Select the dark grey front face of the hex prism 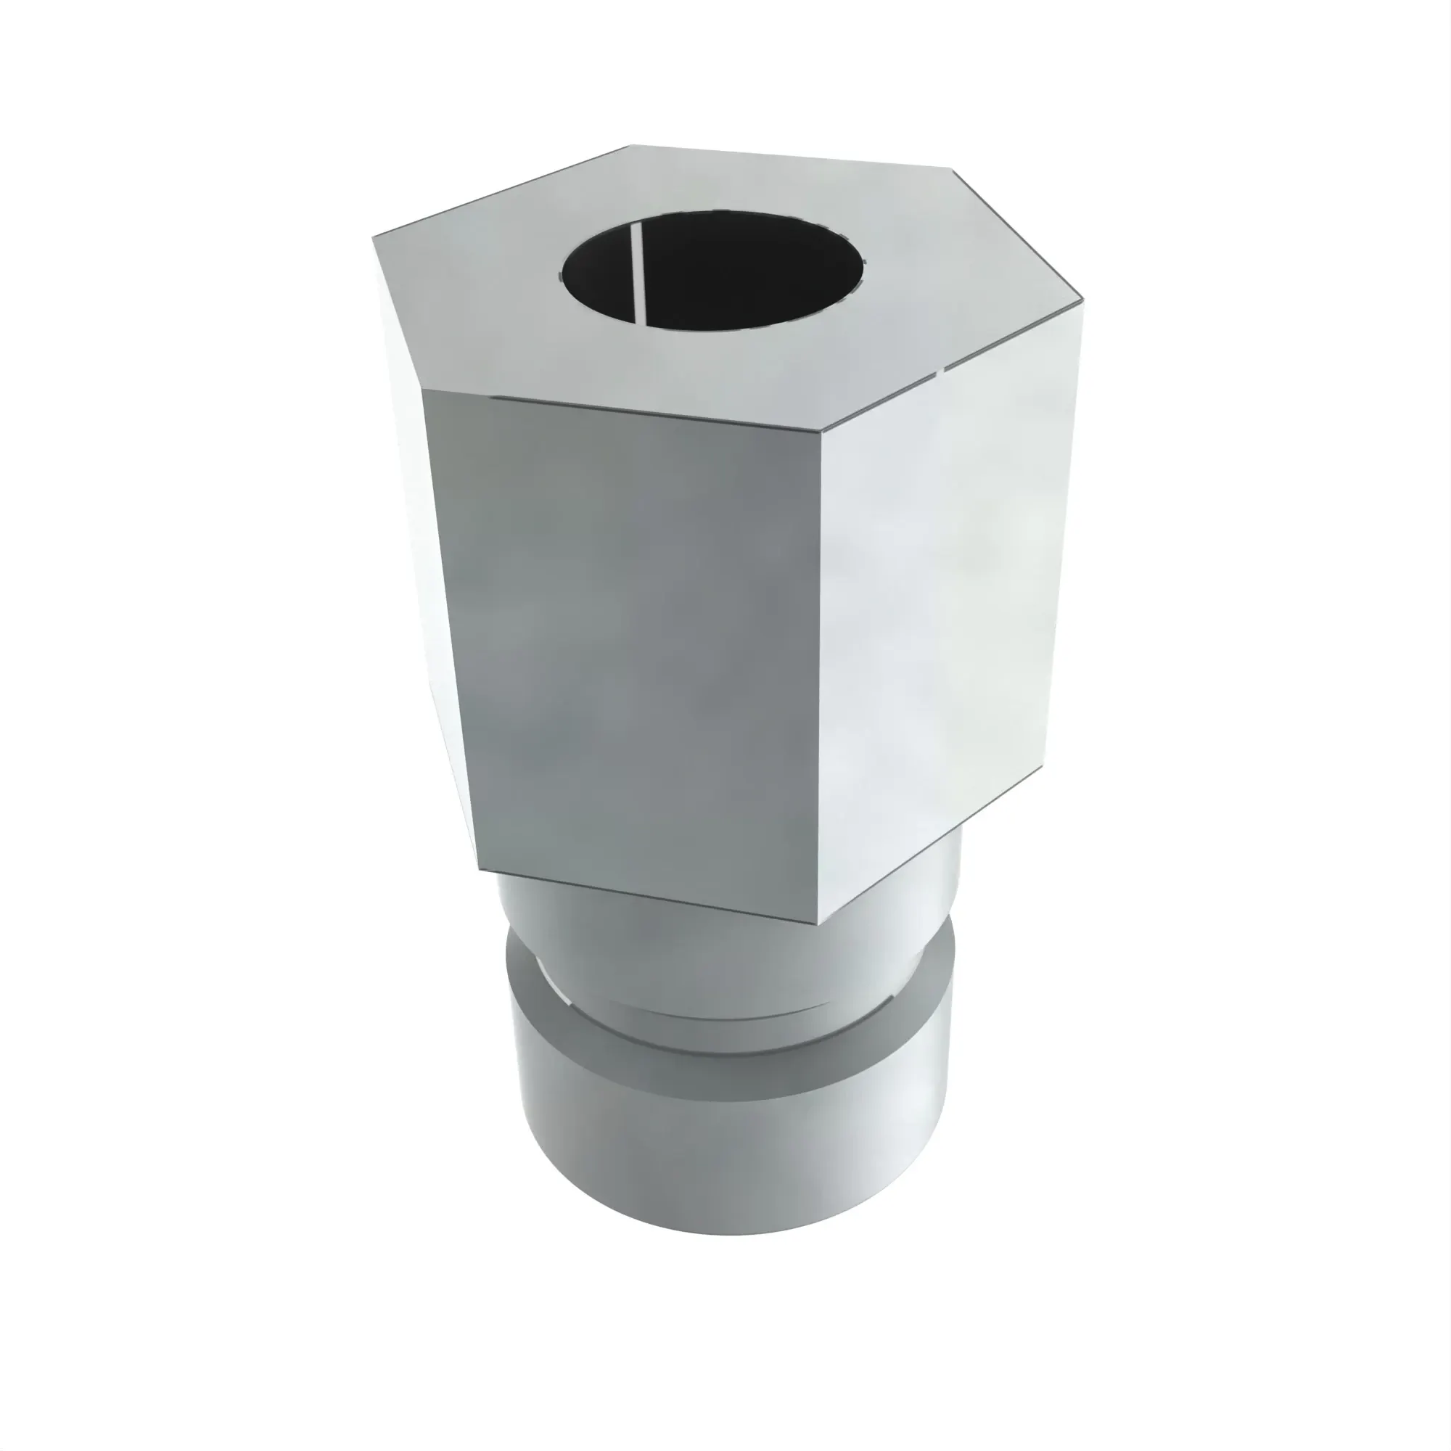click(x=631, y=638)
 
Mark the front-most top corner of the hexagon click(x=820, y=431)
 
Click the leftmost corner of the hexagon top click(x=373, y=237)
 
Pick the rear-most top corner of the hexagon click(x=629, y=145)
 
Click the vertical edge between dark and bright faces click(x=820, y=676)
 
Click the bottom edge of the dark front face click(x=646, y=897)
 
